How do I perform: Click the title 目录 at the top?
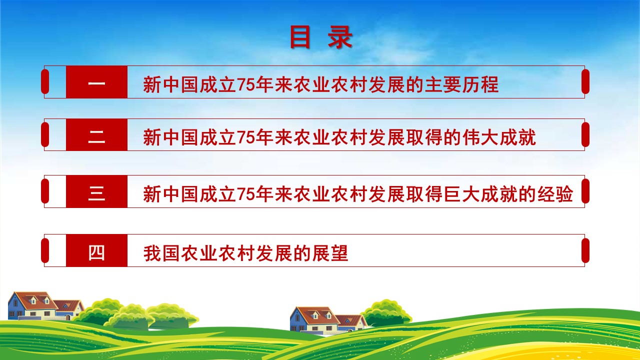pos(321,37)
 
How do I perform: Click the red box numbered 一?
pos(96,82)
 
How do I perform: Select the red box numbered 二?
pos(96,134)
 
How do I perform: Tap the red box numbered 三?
pos(96,191)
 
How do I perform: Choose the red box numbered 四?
pos(96,250)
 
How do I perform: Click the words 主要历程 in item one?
pos(462,84)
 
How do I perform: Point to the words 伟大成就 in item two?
pos(499,137)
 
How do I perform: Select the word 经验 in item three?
pos(555,194)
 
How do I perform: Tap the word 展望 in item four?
pos(330,253)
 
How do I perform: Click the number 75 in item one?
pos(245,85)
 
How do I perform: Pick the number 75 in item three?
pos(245,194)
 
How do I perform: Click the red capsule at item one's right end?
pos(585,81)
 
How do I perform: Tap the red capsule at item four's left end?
pos(45,250)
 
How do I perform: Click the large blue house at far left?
pos(32,305)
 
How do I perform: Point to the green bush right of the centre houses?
pos(387,313)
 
